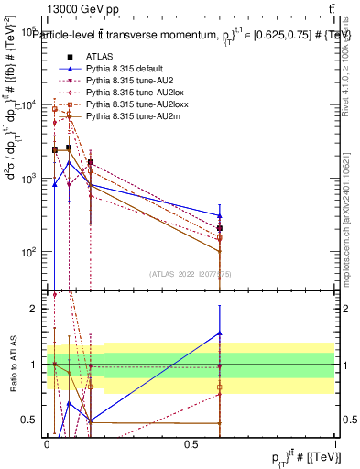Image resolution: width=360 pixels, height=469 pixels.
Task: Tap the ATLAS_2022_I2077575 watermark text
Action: click(x=190, y=274)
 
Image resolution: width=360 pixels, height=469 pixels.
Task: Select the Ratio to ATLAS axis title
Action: click(x=13, y=364)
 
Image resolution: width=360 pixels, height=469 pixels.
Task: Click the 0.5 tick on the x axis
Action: click(x=191, y=443)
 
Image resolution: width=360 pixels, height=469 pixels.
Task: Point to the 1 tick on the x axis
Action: click(x=334, y=443)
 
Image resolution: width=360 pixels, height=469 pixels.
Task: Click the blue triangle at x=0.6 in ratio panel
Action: click(x=220, y=333)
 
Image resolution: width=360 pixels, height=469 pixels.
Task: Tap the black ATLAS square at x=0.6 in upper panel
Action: click(x=220, y=228)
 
